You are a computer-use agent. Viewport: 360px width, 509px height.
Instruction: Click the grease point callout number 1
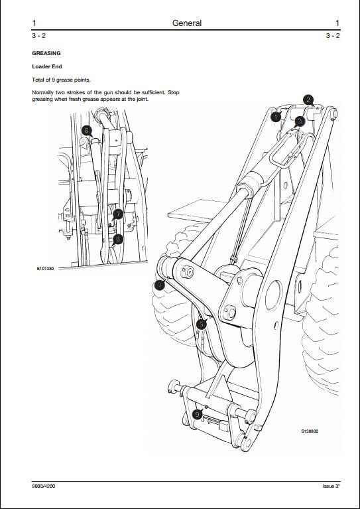point(276,117)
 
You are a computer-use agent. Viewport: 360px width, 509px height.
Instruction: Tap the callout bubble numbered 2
point(308,100)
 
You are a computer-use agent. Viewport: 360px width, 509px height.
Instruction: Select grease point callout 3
point(300,121)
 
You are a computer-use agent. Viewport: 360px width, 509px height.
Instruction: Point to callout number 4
point(160,285)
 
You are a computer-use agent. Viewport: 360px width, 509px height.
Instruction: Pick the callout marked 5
point(202,325)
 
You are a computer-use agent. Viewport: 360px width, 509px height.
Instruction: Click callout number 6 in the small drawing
point(118,240)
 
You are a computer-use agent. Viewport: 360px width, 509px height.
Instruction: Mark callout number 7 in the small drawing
point(119,214)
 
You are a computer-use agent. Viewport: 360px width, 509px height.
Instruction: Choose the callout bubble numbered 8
point(86,131)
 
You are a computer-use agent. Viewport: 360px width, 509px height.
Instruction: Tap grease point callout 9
point(197,415)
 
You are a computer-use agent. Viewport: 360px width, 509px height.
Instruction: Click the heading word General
point(187,23)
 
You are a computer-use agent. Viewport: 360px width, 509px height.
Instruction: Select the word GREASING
point(46,53)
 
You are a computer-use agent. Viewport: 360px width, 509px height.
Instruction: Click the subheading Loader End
point(46,66)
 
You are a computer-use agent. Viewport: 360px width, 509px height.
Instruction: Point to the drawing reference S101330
point(45,269)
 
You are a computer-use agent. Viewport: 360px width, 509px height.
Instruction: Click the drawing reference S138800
point(310,431)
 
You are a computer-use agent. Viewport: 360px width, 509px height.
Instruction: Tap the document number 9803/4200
point(44,486)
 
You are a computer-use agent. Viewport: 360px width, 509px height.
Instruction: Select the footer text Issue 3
point(331,486)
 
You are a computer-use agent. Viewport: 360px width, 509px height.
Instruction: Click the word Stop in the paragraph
point(174,92)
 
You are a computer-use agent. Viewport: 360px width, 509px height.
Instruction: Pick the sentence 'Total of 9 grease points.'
point(61,80)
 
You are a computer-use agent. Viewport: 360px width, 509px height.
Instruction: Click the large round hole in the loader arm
point(274,295)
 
